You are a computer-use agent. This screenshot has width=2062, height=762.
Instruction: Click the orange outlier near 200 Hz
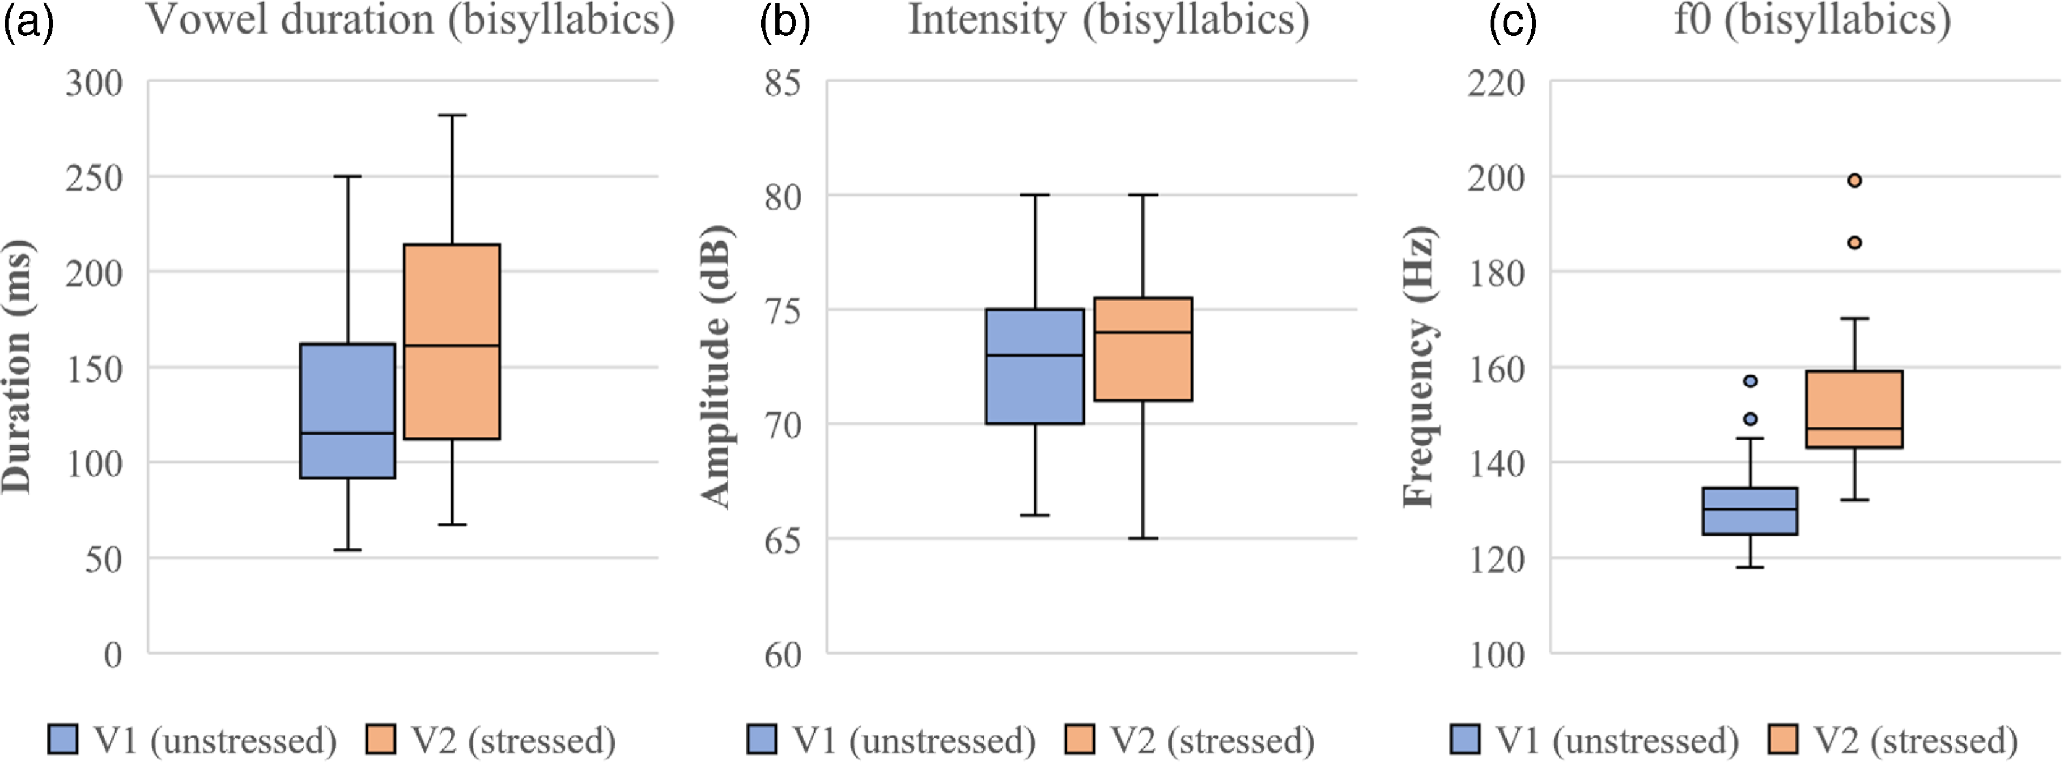pos(1854,180)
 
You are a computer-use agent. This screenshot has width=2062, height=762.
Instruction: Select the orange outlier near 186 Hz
pos(1854,242)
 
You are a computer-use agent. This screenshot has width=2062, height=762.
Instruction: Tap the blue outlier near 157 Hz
pos(1750,381)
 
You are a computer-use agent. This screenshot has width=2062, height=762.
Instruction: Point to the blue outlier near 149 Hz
pos(1750,419)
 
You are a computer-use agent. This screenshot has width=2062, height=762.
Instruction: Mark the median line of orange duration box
pos(451,345)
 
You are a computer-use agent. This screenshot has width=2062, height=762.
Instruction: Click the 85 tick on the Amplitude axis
pos(782,82)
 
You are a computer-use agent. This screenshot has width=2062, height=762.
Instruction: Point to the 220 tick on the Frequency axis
pos(1495,82)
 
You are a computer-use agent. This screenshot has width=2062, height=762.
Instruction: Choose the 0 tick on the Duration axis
pos(113,655)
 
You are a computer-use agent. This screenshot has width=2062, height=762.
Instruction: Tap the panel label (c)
pos(1512,22)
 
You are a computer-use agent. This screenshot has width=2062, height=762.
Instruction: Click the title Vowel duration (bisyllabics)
pos(410,19)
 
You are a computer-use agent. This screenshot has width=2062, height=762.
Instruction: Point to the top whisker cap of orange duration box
pos(451,115)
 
